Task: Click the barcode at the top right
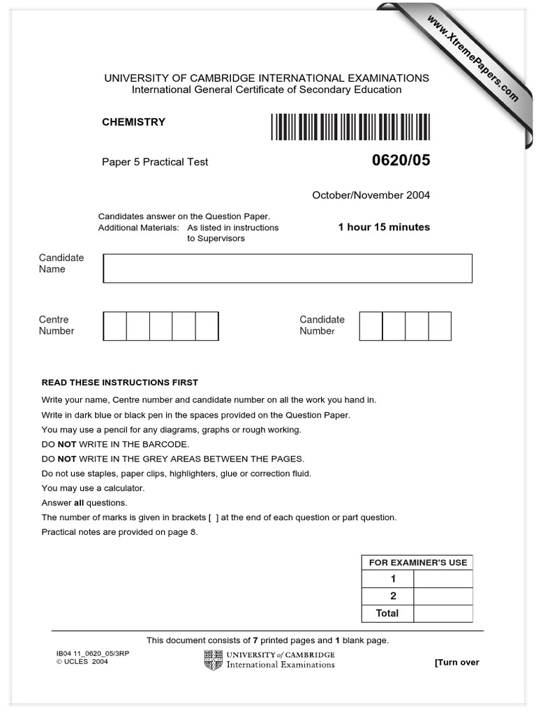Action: click(350, 127)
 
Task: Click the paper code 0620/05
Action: click(401, 161)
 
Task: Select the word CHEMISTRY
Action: click(134, 122)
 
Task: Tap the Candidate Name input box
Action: click(288, 268)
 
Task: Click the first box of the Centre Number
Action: click(115, 326)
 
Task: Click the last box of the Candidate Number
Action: click(440, 326)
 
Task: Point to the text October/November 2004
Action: click(371, 196)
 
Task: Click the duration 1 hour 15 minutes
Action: click(384, 227)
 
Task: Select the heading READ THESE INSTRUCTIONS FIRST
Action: click(120, 383)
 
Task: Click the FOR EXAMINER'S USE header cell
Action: click(417, 562)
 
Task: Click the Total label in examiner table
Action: click(387, 613)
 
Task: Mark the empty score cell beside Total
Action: click(443, 613)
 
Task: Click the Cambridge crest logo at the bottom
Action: click(213, 659)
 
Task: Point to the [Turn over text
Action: click(456, 662)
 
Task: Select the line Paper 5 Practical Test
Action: click(155, 162)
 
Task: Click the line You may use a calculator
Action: click(93, 488)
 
